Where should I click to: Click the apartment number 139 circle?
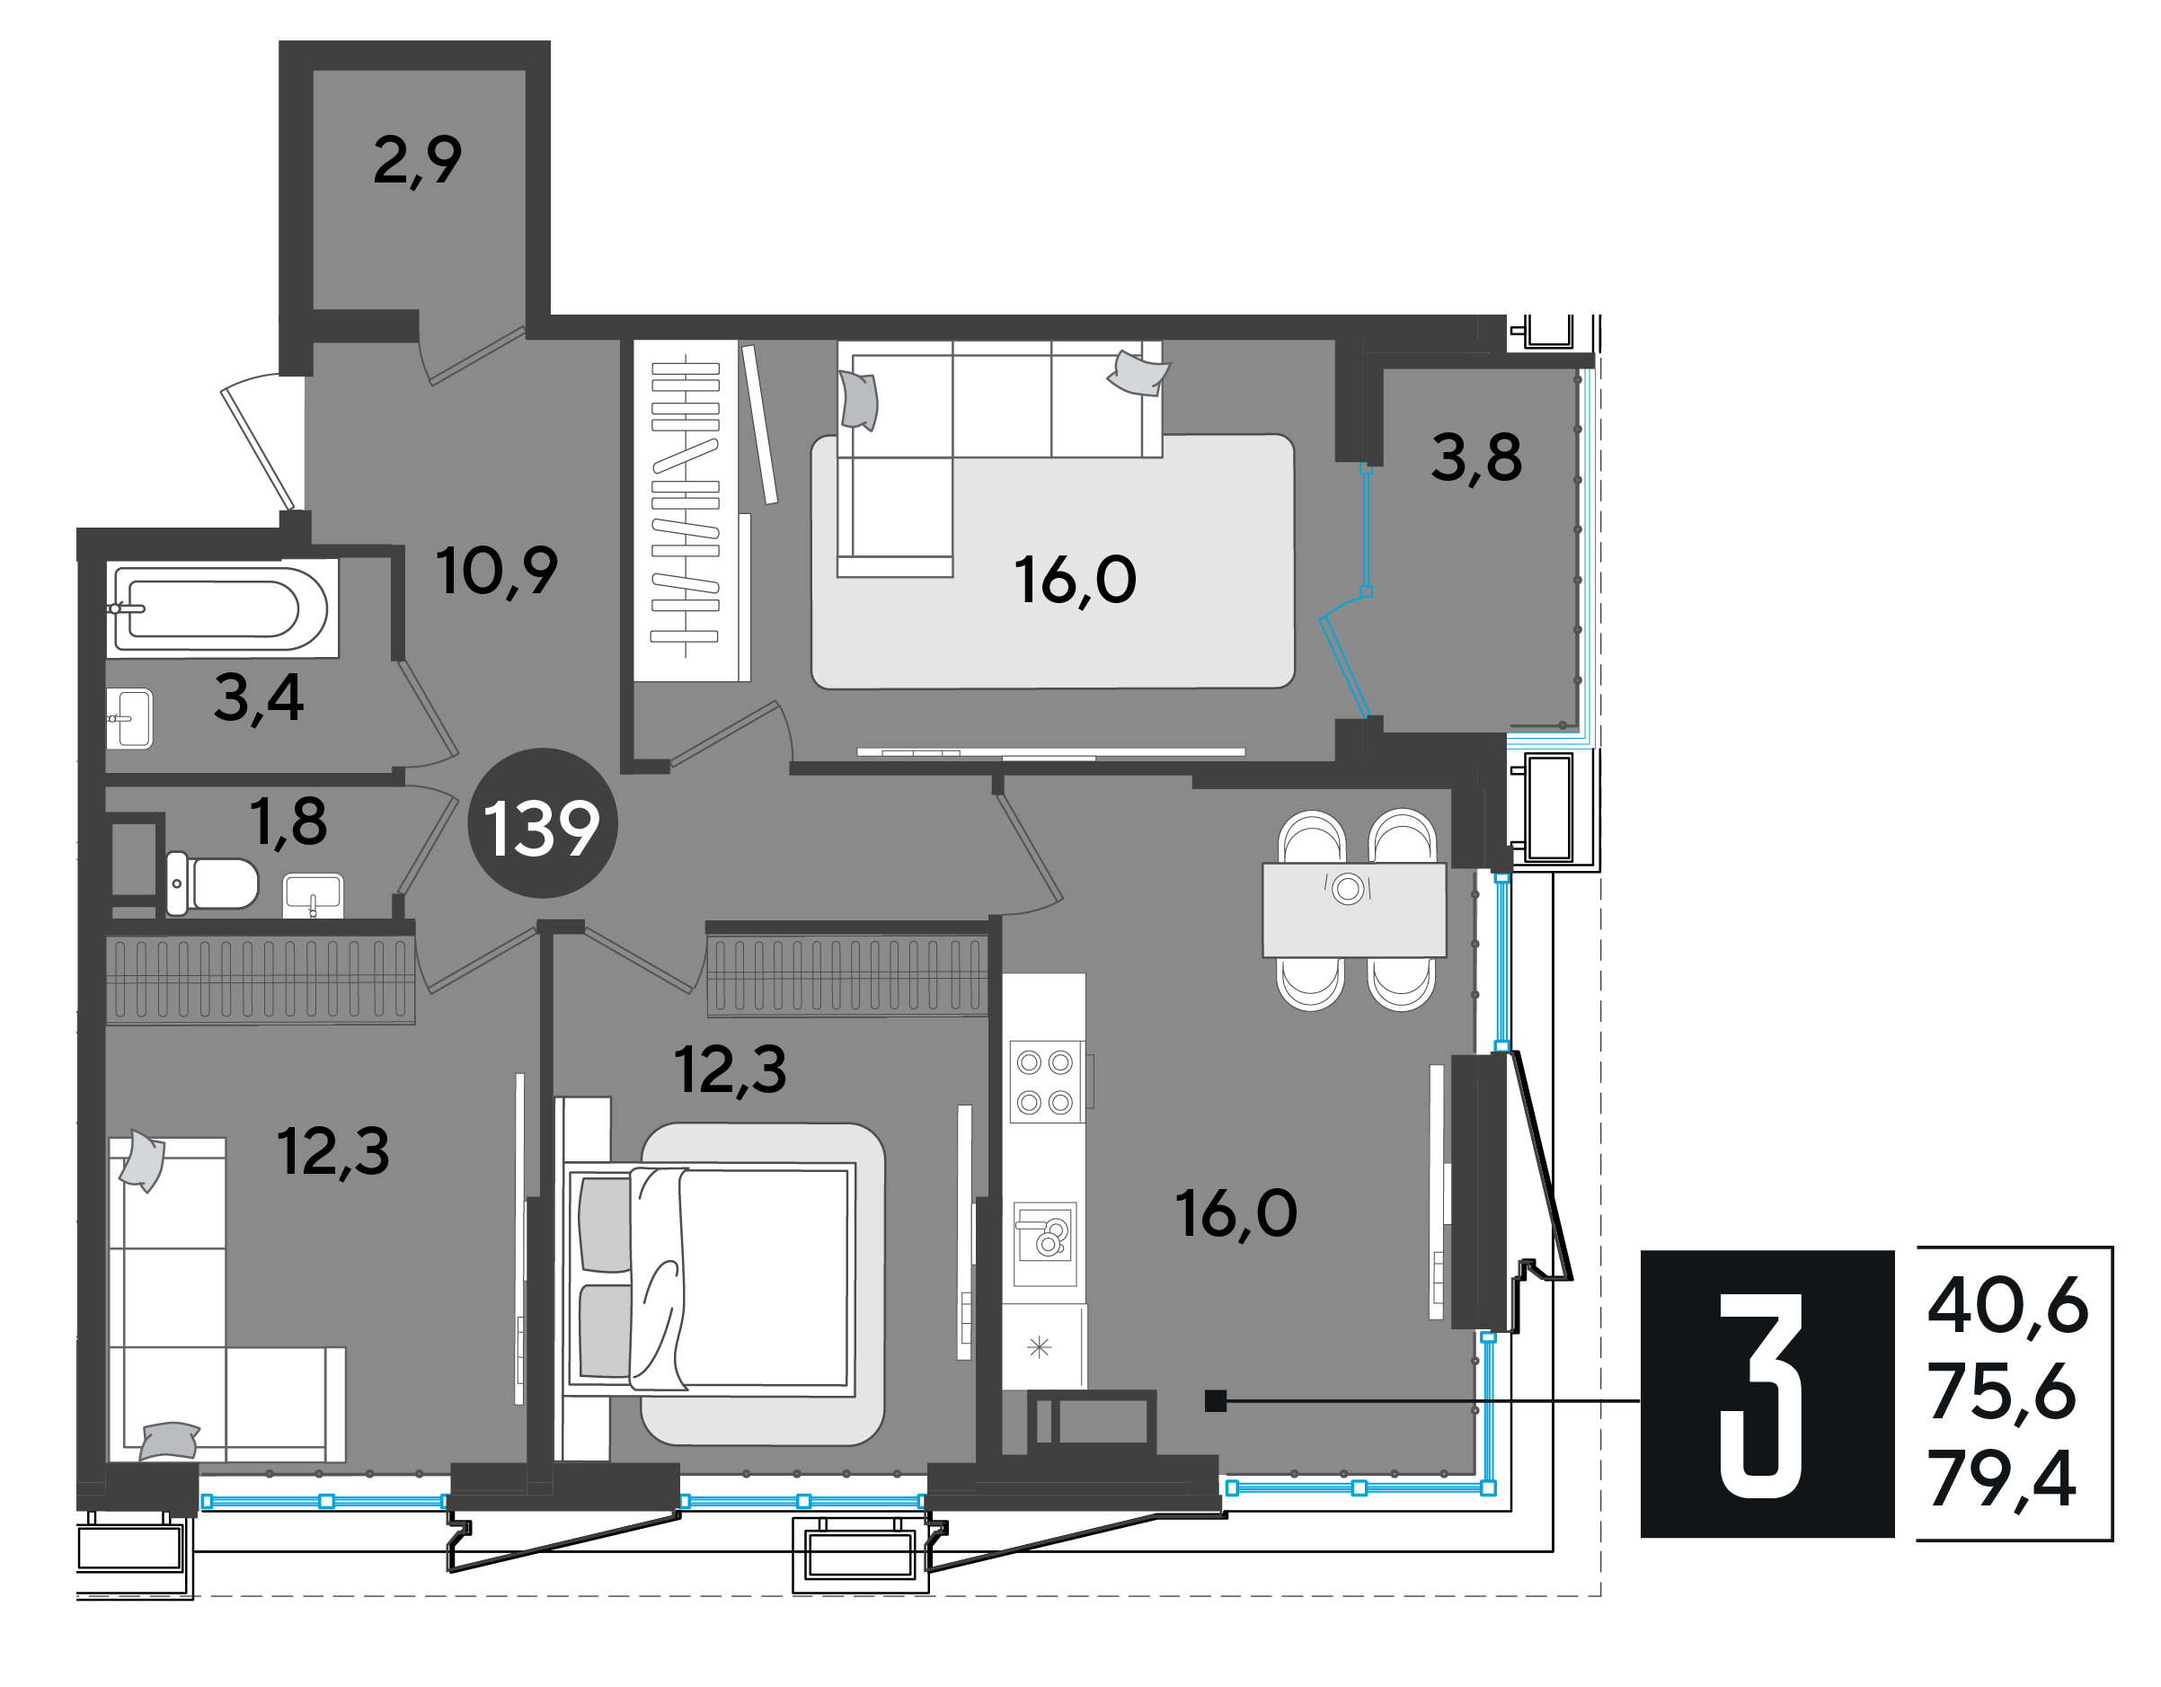(542, 823)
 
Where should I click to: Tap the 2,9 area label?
(417, 160)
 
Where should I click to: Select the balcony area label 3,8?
(1476, 458)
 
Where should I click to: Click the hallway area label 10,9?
(497, 571)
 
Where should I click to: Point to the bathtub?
(222, 608)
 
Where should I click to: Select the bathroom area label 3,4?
(258, 698)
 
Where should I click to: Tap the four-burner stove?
(1045, 1081)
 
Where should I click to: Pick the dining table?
(1353, 910)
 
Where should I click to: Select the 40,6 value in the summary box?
(2007, 1307)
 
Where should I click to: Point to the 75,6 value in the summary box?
(2001, 1392)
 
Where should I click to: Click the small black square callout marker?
(1215, 1401)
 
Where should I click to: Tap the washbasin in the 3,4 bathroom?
(129, 718)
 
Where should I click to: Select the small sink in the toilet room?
(313, 896)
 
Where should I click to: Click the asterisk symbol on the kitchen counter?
(1039, 1346)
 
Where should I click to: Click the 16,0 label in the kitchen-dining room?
(1235, 1214)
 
